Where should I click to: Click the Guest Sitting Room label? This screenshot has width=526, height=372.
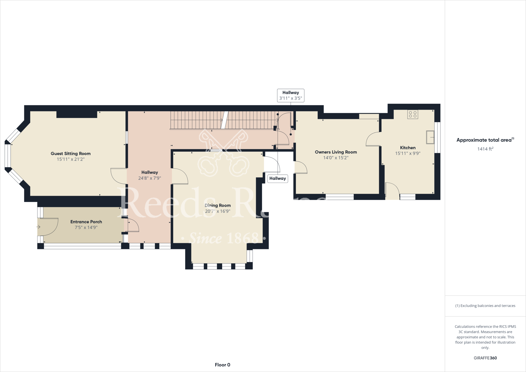click(71, 154)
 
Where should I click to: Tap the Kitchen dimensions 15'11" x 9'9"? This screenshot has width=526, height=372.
click(408, 153)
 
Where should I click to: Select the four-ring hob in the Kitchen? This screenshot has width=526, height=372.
click(412, 114)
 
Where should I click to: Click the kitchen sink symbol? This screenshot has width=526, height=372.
click(430, 137)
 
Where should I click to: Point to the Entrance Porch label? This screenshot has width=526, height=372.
click(86, 222)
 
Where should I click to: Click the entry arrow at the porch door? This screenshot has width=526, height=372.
click(38, 227)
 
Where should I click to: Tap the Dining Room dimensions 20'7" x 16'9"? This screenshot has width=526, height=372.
click(218, 211)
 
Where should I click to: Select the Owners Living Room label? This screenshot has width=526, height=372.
click(336, 152)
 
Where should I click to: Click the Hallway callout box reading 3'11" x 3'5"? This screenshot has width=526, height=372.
click(290, 96)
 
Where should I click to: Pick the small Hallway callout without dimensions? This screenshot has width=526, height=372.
click(277, 179)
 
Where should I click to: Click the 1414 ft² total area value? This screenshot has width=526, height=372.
click(485, 149)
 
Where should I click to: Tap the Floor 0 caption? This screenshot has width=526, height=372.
click(222, 365)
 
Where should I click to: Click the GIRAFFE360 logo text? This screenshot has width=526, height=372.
click(485, 358)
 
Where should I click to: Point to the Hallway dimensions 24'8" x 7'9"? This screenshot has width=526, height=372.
click(149, 178)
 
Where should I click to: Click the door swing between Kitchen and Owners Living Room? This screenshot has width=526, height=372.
click(372, 139)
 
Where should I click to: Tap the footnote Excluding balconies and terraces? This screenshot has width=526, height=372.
click(485, 306)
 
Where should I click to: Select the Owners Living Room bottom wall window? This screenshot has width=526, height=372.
click(340, 197)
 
